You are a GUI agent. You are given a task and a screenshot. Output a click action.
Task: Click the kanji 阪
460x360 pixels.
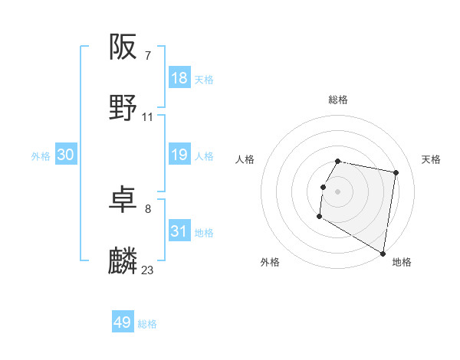tap(123, 47)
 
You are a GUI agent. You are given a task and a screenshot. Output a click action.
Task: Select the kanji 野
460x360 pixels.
tap(123, 108)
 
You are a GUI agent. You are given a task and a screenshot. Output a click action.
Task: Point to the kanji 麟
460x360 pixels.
tap(123, 261)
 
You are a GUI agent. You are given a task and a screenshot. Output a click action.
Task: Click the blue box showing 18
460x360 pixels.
tap(179, 78)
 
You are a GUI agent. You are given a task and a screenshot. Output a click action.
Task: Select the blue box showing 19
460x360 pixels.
tap(179, 155)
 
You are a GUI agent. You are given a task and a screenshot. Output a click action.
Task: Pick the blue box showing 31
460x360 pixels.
tap(179, 231)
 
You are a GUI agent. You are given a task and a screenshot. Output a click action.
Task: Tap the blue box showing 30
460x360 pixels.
tap(66, 155)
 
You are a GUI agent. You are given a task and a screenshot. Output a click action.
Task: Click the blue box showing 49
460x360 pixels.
tap(123, 322)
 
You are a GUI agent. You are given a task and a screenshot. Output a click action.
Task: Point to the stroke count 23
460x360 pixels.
tap(148, 270)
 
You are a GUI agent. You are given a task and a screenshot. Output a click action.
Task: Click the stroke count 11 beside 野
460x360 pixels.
tap(148, 116)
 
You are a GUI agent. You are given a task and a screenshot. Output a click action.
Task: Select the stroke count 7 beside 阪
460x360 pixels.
tap(148, 55)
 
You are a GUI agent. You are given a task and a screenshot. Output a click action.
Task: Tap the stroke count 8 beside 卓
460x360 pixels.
tap(148, 208)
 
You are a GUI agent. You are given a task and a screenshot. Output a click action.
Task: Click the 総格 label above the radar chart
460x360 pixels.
tap(338, 100)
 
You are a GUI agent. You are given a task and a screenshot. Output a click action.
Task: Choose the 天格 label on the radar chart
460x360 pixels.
tap(431, 159)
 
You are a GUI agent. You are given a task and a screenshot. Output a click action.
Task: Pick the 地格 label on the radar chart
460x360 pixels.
tap(402, 262)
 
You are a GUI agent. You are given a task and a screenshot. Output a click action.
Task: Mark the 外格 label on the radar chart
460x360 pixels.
tap(270, 262)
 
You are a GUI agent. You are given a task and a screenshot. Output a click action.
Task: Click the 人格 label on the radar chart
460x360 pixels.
tap(245, 159)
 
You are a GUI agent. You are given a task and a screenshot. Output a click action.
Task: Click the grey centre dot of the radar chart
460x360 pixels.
tap(338, 191)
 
